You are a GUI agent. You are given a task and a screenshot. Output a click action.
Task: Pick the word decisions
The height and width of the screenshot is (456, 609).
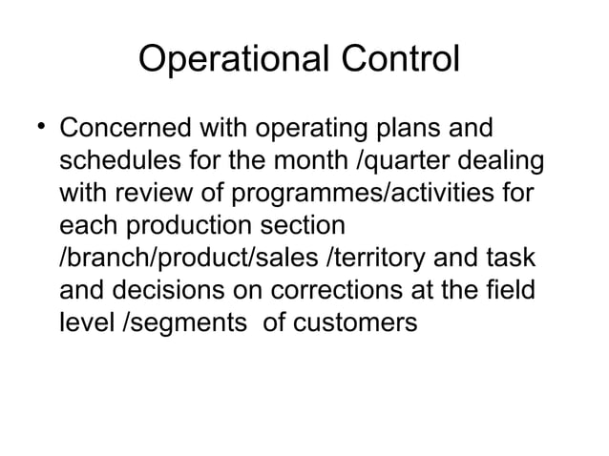click(153, 291)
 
